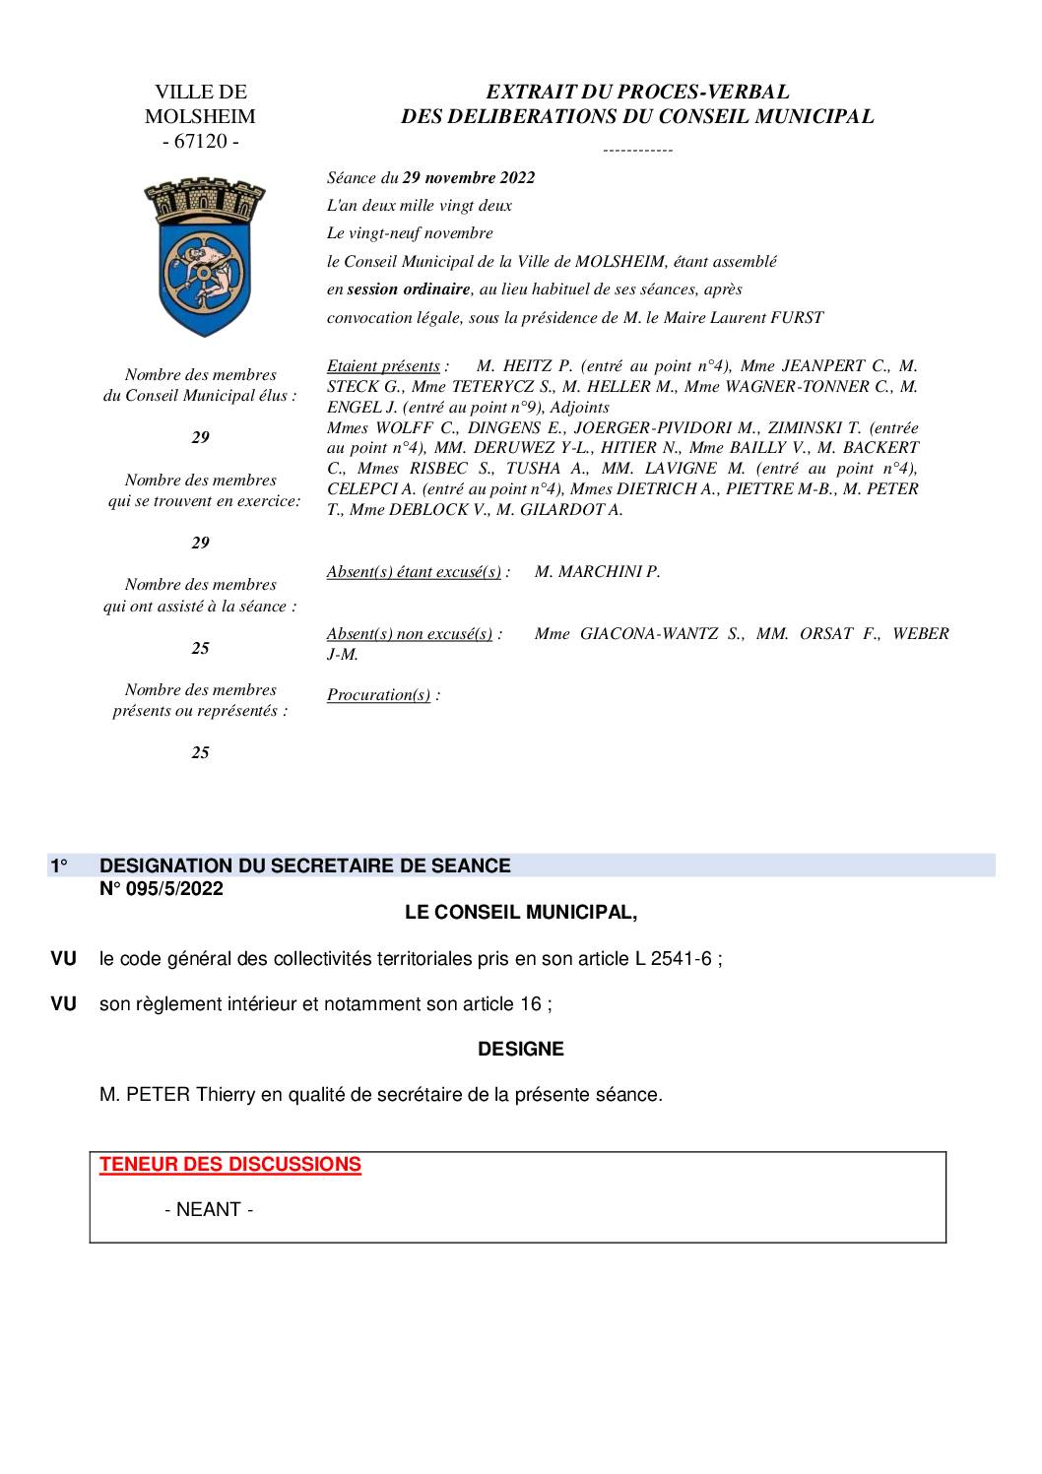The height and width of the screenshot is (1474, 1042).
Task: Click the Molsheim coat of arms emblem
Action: point(204,256)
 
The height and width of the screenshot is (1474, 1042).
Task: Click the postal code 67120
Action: point(201,141)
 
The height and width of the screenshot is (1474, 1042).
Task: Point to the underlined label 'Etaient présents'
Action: point(383,366)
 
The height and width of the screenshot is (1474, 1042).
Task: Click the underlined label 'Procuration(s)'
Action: point(378,695)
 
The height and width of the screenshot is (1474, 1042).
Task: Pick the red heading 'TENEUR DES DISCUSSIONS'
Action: point(230,1165)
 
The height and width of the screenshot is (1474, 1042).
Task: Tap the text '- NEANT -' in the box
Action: point(209,1210)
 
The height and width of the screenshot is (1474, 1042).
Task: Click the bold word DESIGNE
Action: point(521,1050)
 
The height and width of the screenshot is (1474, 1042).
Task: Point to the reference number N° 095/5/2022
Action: point(162,889)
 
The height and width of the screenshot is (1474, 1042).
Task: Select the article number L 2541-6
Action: point(673,959)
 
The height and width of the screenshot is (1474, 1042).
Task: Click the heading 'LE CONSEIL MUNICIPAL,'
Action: point(521,913)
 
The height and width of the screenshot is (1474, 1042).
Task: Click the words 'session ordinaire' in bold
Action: point(408,289)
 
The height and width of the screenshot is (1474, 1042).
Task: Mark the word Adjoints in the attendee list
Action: point(579,408)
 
